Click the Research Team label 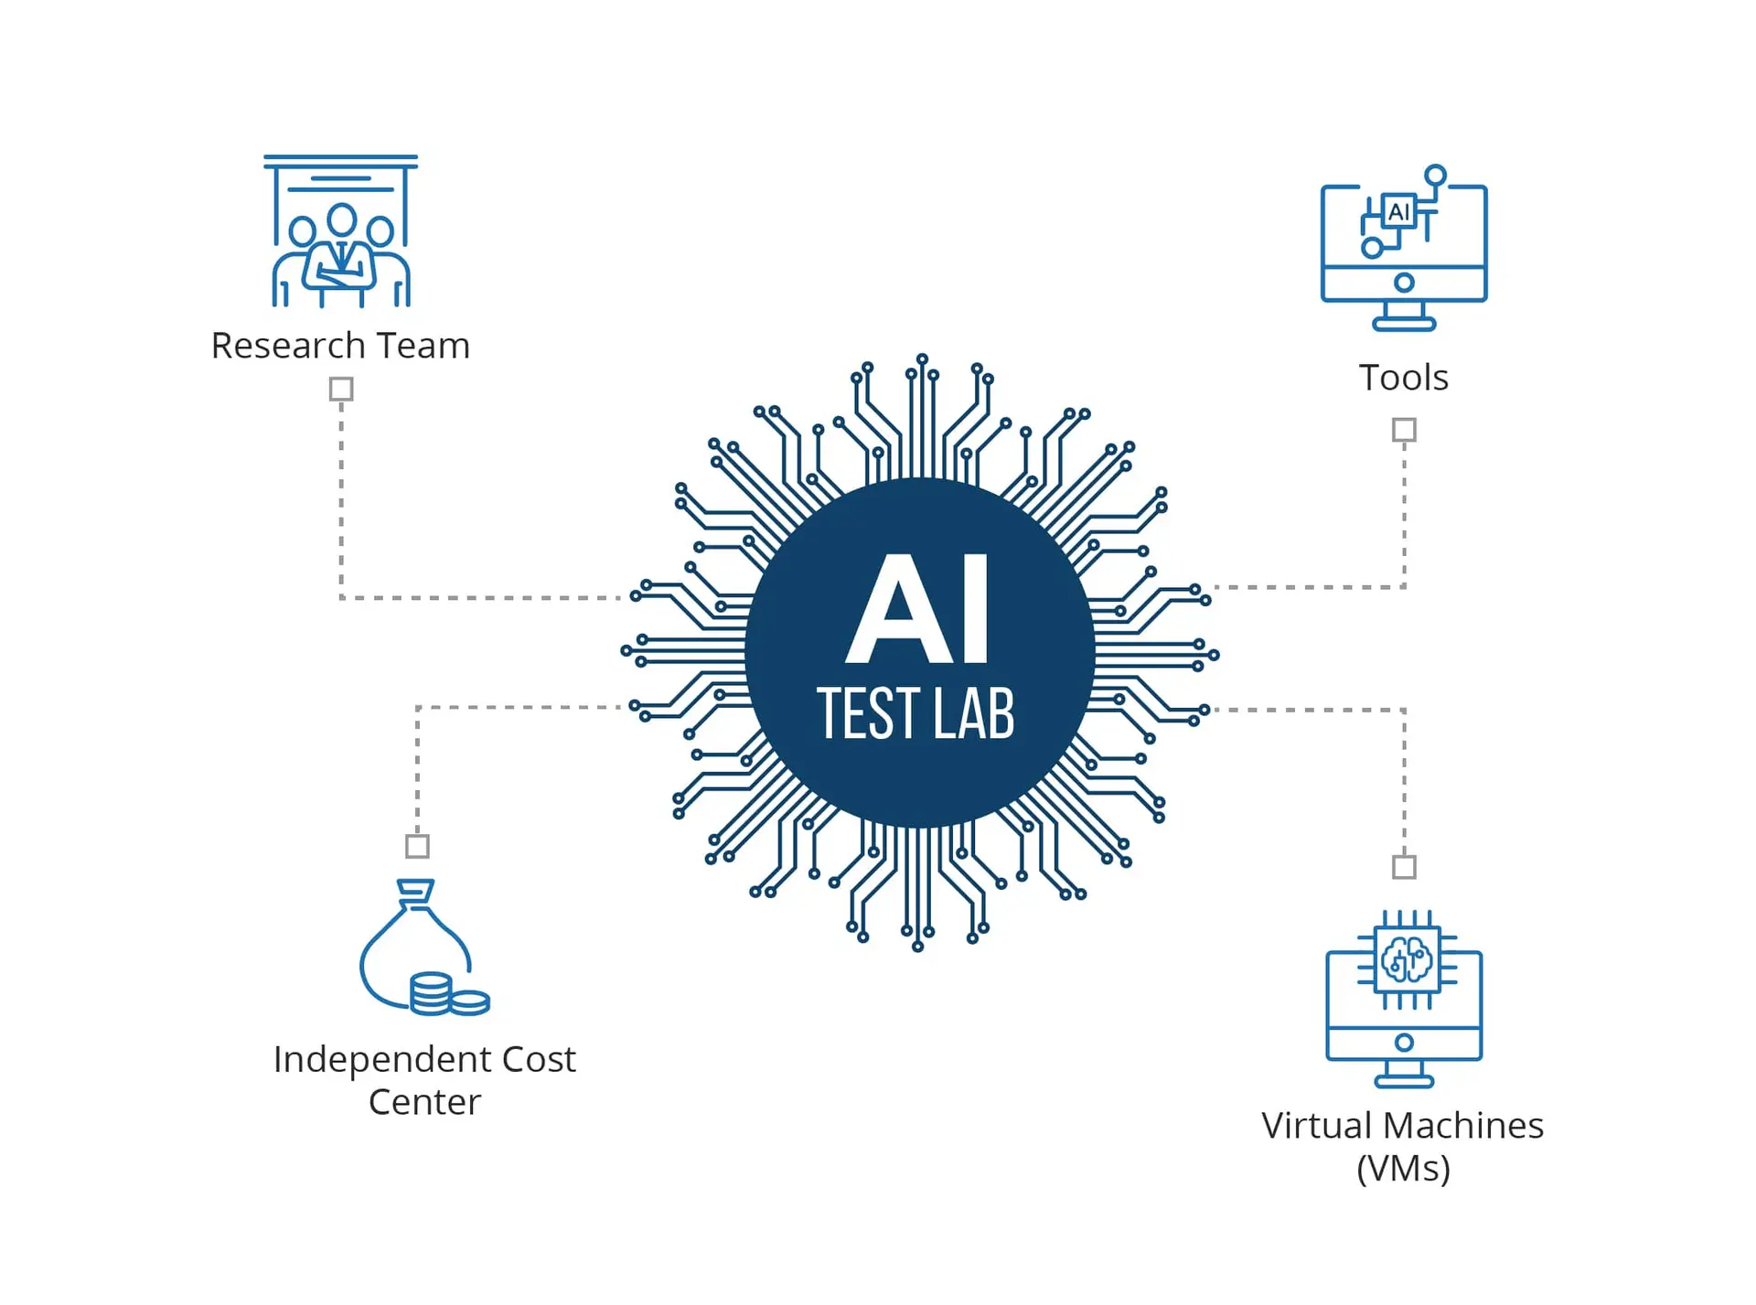coord(340,346)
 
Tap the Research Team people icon coord(340,231)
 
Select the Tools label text coord(1404,378)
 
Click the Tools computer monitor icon coord(1404,248)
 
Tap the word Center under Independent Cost coord(424,1102)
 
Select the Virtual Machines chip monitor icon coord(1404,999)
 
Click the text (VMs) coord(1404,1168)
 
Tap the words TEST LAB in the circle coord(915,713)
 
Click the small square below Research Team coord(341,390)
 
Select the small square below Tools coord(1404,430)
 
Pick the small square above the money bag coord(417,846)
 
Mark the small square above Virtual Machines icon coord(1404,866)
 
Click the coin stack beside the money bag coord(449,995)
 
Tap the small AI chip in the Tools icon coord(1397,212)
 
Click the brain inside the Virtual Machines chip coord(1407,959)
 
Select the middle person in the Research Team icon coord(341,256)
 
